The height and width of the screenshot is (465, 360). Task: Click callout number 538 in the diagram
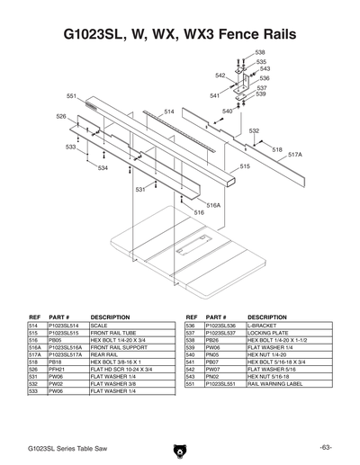[x=260, y=53]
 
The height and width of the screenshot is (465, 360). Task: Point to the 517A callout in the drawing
[x=294, y=155]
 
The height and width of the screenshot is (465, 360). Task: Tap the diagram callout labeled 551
[x=72, y=95]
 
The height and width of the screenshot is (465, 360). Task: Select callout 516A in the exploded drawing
[x=213, y=205]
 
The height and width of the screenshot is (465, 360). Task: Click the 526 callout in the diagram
[x=61, y=117]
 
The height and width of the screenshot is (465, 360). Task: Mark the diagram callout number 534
[x=103, y=168]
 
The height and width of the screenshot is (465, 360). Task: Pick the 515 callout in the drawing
[x=245, y=166]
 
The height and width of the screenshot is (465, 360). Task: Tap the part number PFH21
[x=58, y=369]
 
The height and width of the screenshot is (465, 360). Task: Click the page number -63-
[x=325, y=447]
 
